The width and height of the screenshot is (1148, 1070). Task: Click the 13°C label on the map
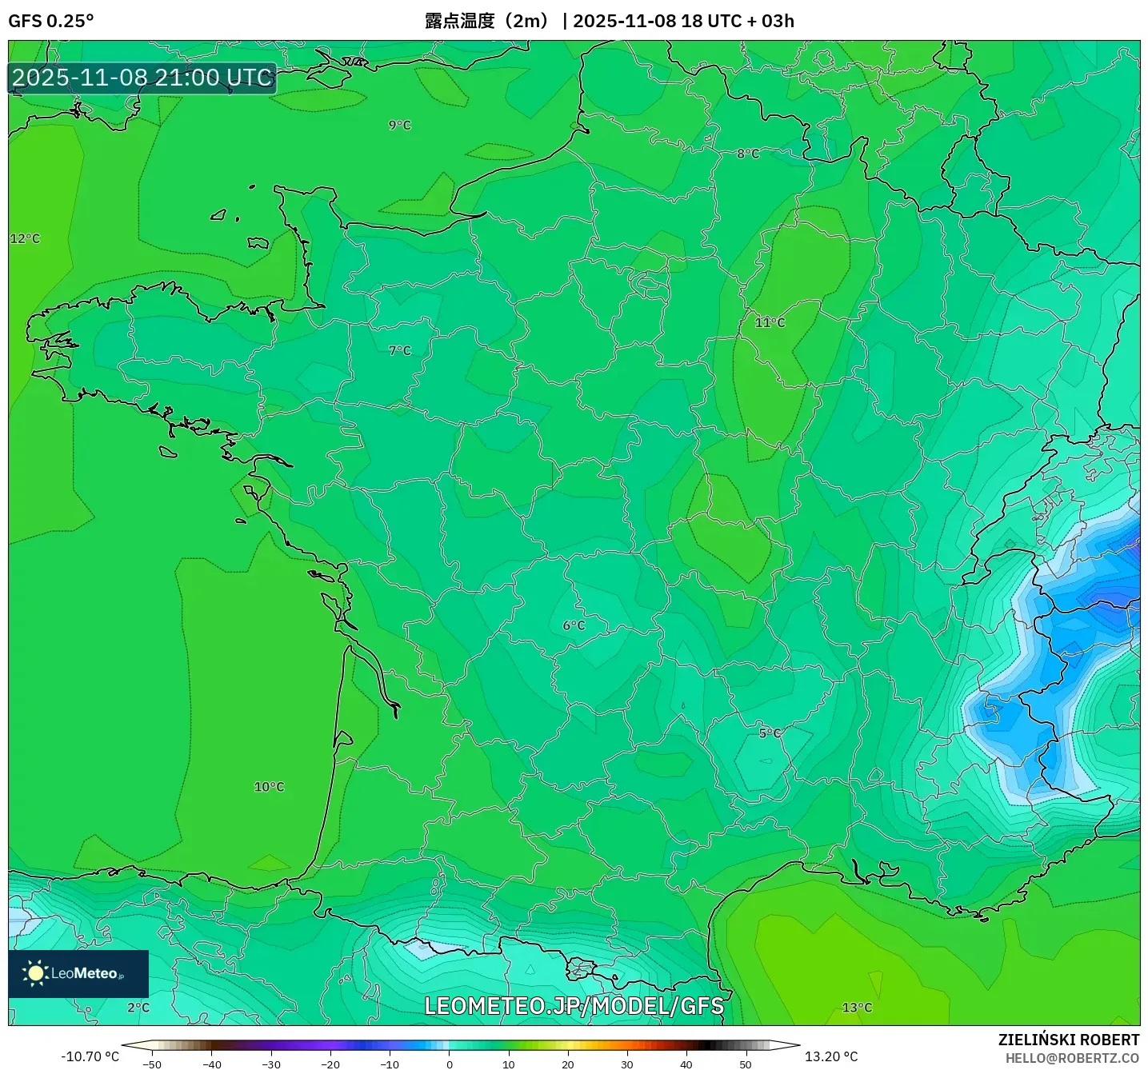coord(857,1008)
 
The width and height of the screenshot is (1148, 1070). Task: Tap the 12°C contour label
coord(25,238)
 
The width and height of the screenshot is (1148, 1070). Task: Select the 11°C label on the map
coord(770,322)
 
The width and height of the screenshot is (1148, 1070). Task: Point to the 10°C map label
coord(269,787)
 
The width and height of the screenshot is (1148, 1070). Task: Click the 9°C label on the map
coord(399,125)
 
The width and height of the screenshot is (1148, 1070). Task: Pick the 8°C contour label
coord(748,154)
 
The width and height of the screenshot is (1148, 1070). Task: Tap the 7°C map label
coord(399,350)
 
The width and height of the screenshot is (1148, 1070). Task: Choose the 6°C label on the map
coord(574,625)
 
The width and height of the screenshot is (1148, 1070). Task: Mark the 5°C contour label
coord(770,733)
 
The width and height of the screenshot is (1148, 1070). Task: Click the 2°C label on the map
coord(138,1008)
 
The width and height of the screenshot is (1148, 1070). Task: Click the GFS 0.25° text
coord(51,21)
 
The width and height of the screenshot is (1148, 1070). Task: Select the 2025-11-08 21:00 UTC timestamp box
coord(142,78)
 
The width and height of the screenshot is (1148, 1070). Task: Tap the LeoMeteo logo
coord(78,973)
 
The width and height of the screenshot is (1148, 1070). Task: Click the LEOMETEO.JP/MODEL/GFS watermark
coord(574,1006)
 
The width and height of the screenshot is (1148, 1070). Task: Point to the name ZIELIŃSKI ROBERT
coord(1069,1040)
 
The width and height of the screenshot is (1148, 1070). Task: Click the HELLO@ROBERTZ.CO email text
coord(1072,1058)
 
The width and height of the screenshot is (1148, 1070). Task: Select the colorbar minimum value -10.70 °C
coord(90,1056)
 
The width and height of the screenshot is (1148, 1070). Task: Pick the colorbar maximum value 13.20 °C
coord(831,1056)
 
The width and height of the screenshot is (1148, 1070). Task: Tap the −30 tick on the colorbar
coord(271,1064)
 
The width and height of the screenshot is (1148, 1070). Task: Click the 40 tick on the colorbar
coord(686,1064)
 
